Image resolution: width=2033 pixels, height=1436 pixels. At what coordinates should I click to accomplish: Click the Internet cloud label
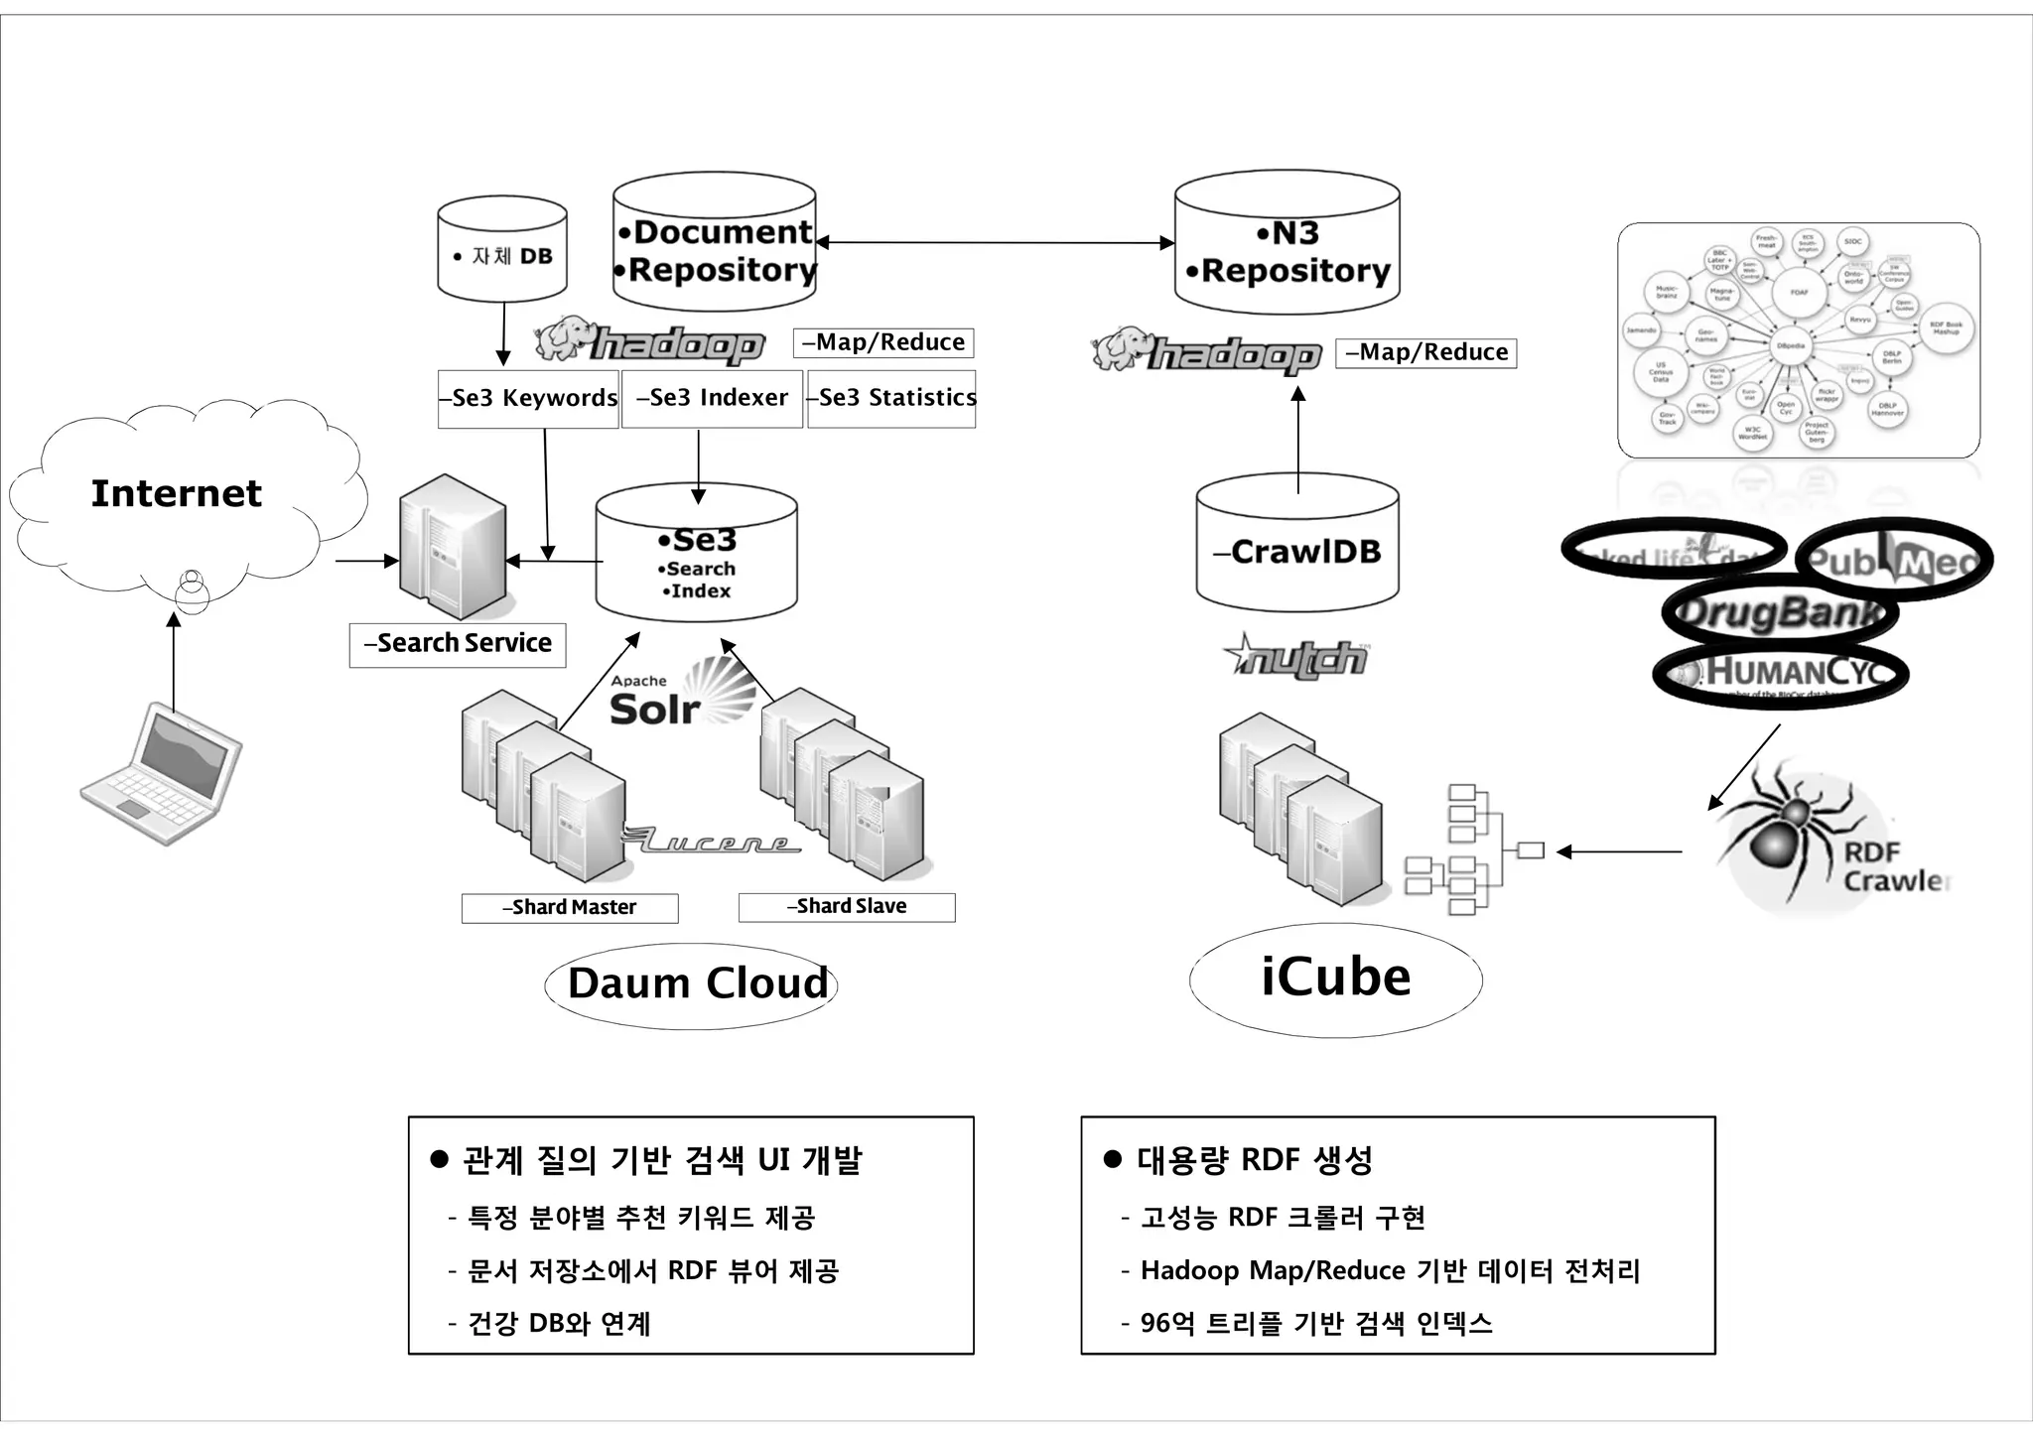[177, 493]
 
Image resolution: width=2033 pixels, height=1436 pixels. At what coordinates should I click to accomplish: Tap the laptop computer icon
[162, 774]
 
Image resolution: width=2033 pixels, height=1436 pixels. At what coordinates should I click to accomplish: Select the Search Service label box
[458, 644]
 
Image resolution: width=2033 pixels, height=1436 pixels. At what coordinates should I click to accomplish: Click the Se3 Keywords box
[528, 399]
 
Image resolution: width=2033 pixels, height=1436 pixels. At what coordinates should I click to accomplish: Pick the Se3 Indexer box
[712, 399]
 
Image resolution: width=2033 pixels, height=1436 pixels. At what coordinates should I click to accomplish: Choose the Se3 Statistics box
[891, 399]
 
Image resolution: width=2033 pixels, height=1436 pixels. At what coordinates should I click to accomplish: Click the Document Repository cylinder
[715, 248]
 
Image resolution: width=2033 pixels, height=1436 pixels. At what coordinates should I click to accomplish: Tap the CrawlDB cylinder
[1297, 552]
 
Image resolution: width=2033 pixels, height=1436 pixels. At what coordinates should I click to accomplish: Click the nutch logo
[1296, 657]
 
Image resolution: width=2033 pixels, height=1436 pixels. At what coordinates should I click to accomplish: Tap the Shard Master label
[570, 908]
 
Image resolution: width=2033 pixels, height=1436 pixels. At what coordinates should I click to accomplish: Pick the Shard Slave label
[847, 907]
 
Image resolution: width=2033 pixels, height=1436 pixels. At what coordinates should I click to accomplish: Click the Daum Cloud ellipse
[692, 984]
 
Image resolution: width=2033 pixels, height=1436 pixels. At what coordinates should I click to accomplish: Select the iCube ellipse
[1335, 979]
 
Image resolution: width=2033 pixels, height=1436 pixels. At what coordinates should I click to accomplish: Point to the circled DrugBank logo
[1779, 613]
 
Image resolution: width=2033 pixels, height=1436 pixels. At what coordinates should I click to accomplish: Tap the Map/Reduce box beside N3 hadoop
[1425, 353]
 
